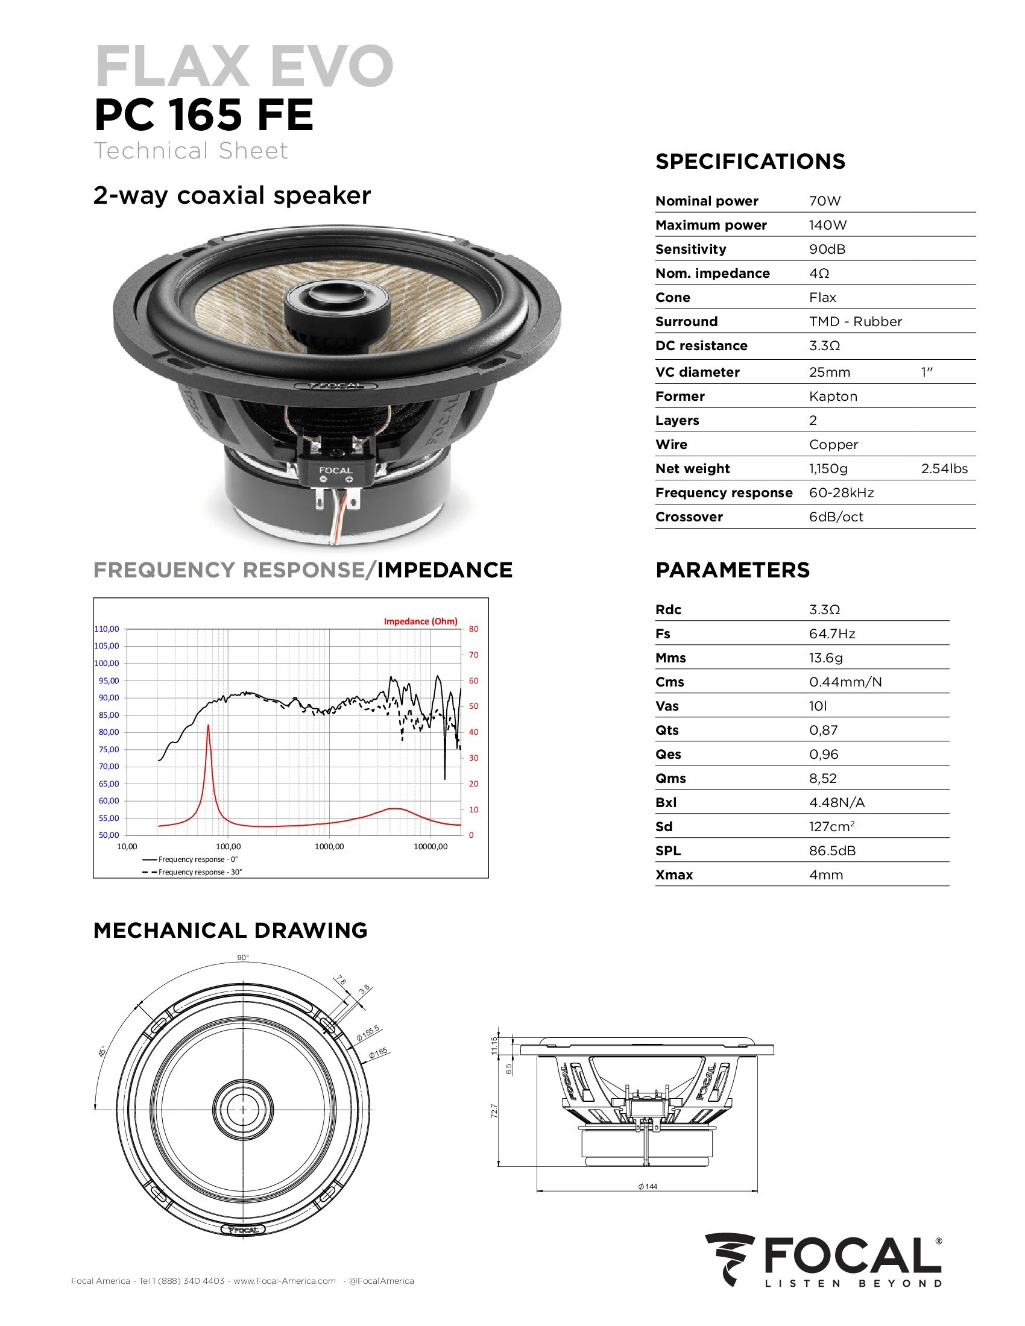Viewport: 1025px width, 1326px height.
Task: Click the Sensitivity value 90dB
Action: coord(827,249)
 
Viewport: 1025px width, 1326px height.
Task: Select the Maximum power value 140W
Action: coord(827,225)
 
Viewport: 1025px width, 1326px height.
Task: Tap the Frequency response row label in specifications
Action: coord(724,493)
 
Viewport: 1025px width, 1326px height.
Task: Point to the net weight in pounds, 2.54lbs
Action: coord(944,469)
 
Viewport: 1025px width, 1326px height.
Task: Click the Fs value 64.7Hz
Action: coord(832,634)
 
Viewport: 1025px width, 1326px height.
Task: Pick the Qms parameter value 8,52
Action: coord(823,778)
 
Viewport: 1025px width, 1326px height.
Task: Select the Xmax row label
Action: coord(674,875)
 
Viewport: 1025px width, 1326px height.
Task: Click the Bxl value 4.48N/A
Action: coord(836,803)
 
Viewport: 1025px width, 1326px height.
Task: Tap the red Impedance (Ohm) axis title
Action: coord(420,621)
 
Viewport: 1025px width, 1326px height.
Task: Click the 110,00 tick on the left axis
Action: coord(107,629)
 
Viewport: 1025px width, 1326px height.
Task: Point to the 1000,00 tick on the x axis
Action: coord(329,846)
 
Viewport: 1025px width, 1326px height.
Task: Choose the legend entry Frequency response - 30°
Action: coord(200,872)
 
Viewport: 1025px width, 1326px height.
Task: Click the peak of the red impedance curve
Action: coord(208,726)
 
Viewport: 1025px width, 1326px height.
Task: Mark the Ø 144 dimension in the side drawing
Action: coord(648,1186)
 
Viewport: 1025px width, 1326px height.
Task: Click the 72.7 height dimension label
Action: coord(494,1111)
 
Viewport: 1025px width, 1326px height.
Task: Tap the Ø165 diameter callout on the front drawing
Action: coord(378,1054)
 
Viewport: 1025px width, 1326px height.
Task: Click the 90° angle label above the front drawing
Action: coord(243,958)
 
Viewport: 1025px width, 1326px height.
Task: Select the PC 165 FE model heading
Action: coord(203,115)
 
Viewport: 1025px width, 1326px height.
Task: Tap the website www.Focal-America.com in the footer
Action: coord(284,1281)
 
